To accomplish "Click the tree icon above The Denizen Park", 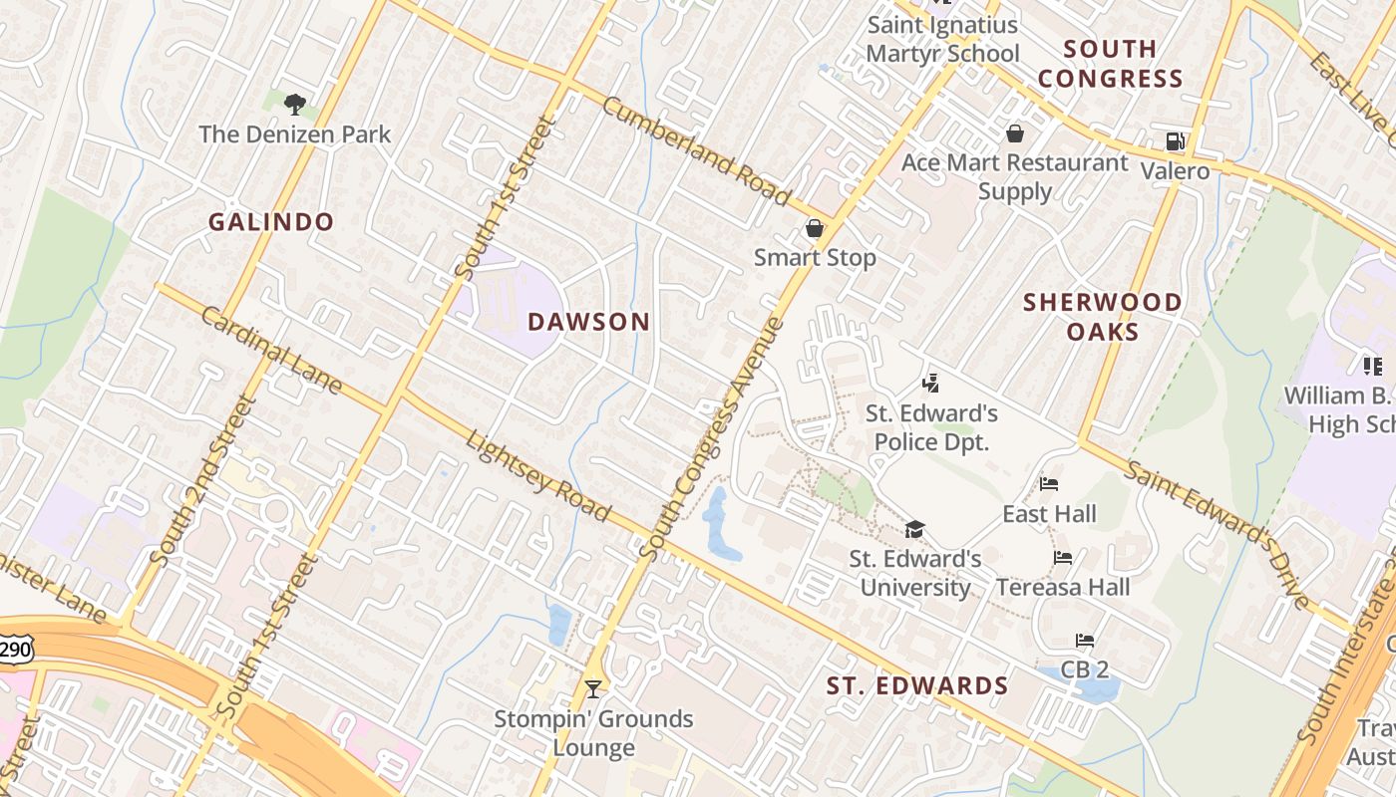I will pos(294,103).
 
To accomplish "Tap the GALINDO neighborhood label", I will pos(270,222).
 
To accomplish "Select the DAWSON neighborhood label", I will pos(588,322).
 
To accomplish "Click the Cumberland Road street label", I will pos(697,151).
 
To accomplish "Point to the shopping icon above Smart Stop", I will pos(815,228).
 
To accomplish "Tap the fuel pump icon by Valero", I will pos(1175,142).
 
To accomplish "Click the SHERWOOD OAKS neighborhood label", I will pos(1103,316).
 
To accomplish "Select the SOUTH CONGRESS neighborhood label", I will pos(1110,64).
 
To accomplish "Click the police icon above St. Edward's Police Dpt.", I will pos(930,383).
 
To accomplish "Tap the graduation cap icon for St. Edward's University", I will pos(914,529).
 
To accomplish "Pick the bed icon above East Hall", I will pos(1049,484).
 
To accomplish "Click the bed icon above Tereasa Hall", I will pos(1063,558).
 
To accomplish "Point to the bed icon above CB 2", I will pos(1085,641).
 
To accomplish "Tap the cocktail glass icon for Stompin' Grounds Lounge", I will pos(593,688).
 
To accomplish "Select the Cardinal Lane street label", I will pos(271,350).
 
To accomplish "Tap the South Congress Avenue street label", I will pos(709,438).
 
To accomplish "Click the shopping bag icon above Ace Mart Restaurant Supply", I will pos(1015,133).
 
